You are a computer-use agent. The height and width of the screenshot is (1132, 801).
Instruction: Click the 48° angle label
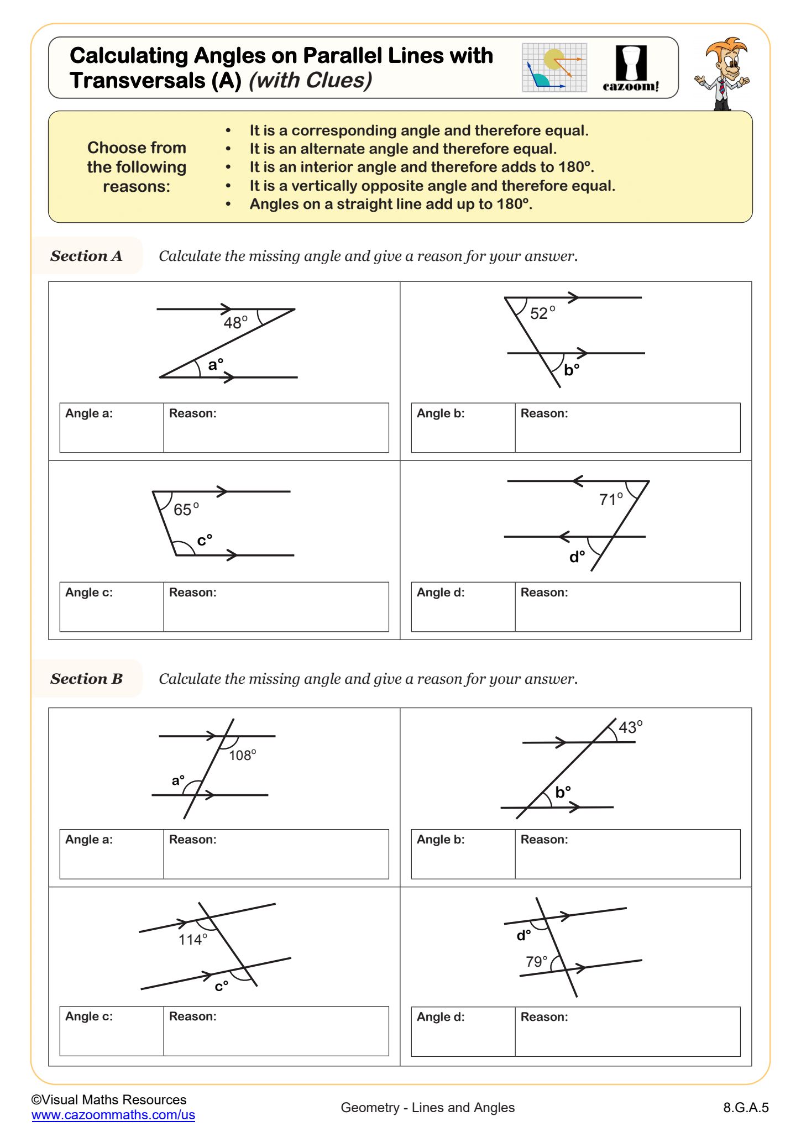(x=235, y=323)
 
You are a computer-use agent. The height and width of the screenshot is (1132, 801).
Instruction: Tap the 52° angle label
(x=542, y=313)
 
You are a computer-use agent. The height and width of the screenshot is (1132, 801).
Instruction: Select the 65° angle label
(x=186, y=510)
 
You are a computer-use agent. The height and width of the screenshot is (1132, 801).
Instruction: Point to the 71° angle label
(x=611, y=500)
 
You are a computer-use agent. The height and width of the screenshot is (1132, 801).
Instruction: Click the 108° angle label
(x=242, y=755)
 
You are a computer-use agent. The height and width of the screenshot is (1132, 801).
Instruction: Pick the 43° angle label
(x=630, y=727)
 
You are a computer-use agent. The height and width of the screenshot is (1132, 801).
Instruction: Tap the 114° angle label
(x=193, y=940)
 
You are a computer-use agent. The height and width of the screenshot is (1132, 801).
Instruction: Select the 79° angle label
(x=536, y=962)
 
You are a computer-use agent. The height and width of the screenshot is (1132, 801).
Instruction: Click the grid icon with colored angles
(x=554, y=67)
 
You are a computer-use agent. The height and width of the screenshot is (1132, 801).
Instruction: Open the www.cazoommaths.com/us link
(x=113, y=1115)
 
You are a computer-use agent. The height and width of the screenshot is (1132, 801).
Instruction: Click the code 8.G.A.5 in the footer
(x=746, y=1107)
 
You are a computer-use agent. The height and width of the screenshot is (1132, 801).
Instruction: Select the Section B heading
(x=86, y=679)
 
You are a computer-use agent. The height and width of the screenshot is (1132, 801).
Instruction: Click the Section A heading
(x=86, y=256)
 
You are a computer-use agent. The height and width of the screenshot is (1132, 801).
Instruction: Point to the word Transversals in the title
(x=138, y=81)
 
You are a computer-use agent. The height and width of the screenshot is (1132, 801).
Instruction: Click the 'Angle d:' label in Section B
(x=441, y=1016)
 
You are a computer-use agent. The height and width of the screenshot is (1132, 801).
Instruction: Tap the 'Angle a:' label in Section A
(x=89, y=413)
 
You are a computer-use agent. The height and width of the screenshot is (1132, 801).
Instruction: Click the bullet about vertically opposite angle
(x=432, y=186)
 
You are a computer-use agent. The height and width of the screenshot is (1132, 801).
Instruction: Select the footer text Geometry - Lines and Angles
(x=427, y=1107)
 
